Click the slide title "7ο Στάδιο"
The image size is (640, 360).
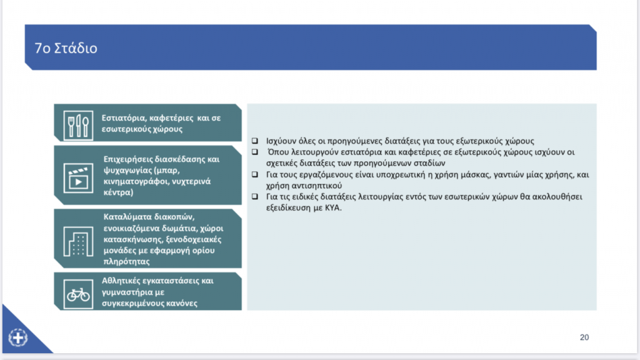(x=66, y=48)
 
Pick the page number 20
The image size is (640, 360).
(x=584, y=337)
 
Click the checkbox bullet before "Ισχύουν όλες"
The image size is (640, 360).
(x=255, y=141)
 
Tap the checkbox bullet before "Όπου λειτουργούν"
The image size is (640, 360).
(x=255, y=152)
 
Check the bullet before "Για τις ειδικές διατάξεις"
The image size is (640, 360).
(x=255, y=197)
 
